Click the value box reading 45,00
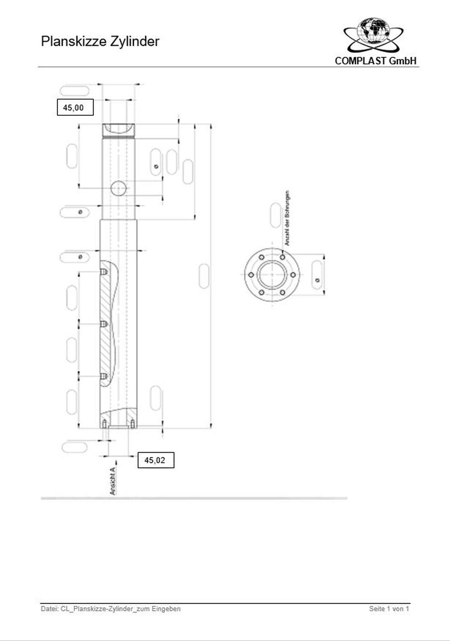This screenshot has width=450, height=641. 75,108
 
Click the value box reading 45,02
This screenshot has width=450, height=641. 156,460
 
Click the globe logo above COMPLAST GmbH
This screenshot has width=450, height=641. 373,32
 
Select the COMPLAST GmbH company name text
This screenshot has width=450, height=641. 375,61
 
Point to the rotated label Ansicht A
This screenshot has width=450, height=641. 113,481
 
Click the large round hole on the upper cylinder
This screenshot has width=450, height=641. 119,188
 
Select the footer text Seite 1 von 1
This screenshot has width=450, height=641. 388,609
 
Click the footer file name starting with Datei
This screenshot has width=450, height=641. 111,609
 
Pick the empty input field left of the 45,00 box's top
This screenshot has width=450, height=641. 75,91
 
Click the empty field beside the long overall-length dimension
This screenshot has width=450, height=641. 204,276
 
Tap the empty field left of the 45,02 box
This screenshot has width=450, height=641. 75,447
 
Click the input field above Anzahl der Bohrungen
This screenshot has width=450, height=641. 275,216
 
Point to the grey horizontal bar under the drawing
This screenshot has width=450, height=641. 194,498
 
